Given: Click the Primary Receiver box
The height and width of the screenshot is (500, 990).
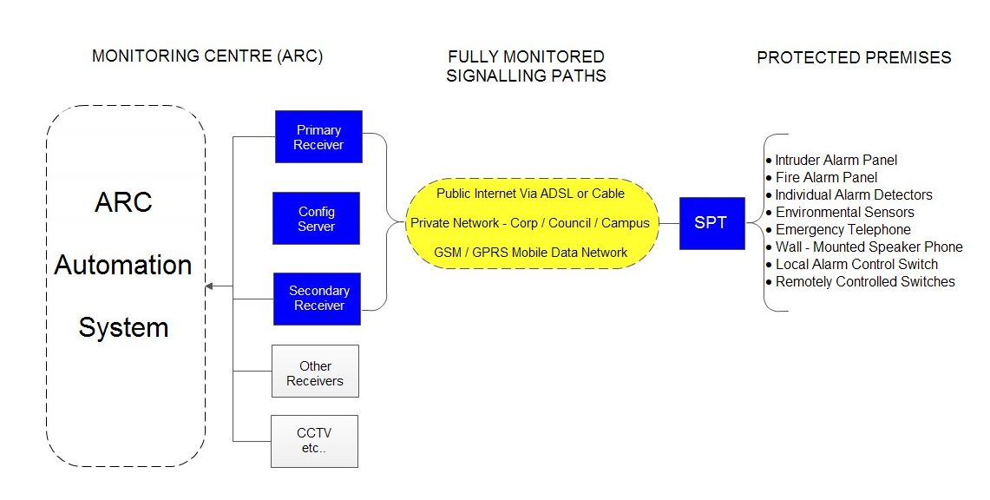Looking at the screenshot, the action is tap(318, 137).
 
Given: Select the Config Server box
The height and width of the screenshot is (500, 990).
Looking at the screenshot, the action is tap(317, 219).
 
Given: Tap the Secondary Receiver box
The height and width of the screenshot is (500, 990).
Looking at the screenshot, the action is tap(317, 299).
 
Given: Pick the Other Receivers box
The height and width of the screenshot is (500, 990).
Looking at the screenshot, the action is tap(315, 372).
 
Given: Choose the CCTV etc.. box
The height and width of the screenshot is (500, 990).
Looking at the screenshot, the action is tap(314, 441).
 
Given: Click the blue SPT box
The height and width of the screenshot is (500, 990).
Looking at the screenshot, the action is tap(712, 223).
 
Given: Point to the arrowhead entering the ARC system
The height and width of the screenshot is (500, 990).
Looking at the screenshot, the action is tap(210, 286).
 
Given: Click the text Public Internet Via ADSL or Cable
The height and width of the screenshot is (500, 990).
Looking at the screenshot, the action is tap(530, 194).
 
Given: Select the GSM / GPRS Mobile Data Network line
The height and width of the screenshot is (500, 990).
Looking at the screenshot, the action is tap(530, 253).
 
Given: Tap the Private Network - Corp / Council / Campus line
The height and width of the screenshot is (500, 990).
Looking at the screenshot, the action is tap(530, 223).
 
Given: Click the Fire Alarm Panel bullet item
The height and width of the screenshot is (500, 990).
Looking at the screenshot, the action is tap(822, 177).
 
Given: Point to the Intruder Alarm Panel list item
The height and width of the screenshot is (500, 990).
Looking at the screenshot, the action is tap(831, 161).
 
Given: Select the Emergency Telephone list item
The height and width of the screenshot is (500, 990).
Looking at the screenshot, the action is tap(838, 230).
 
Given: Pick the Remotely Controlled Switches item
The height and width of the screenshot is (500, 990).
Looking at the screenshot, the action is tap(861, 281).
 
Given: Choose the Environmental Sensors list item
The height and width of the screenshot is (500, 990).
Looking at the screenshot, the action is tap(840, 212).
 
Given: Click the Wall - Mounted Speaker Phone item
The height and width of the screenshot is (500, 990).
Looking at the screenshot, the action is tap(864, 247).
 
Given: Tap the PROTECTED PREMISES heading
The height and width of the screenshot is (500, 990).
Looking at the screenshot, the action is tap(855, 57).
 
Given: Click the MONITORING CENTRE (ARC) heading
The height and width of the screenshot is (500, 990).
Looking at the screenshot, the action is tap(207, 56).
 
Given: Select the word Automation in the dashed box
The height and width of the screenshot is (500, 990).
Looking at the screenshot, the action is tap(123, 265).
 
